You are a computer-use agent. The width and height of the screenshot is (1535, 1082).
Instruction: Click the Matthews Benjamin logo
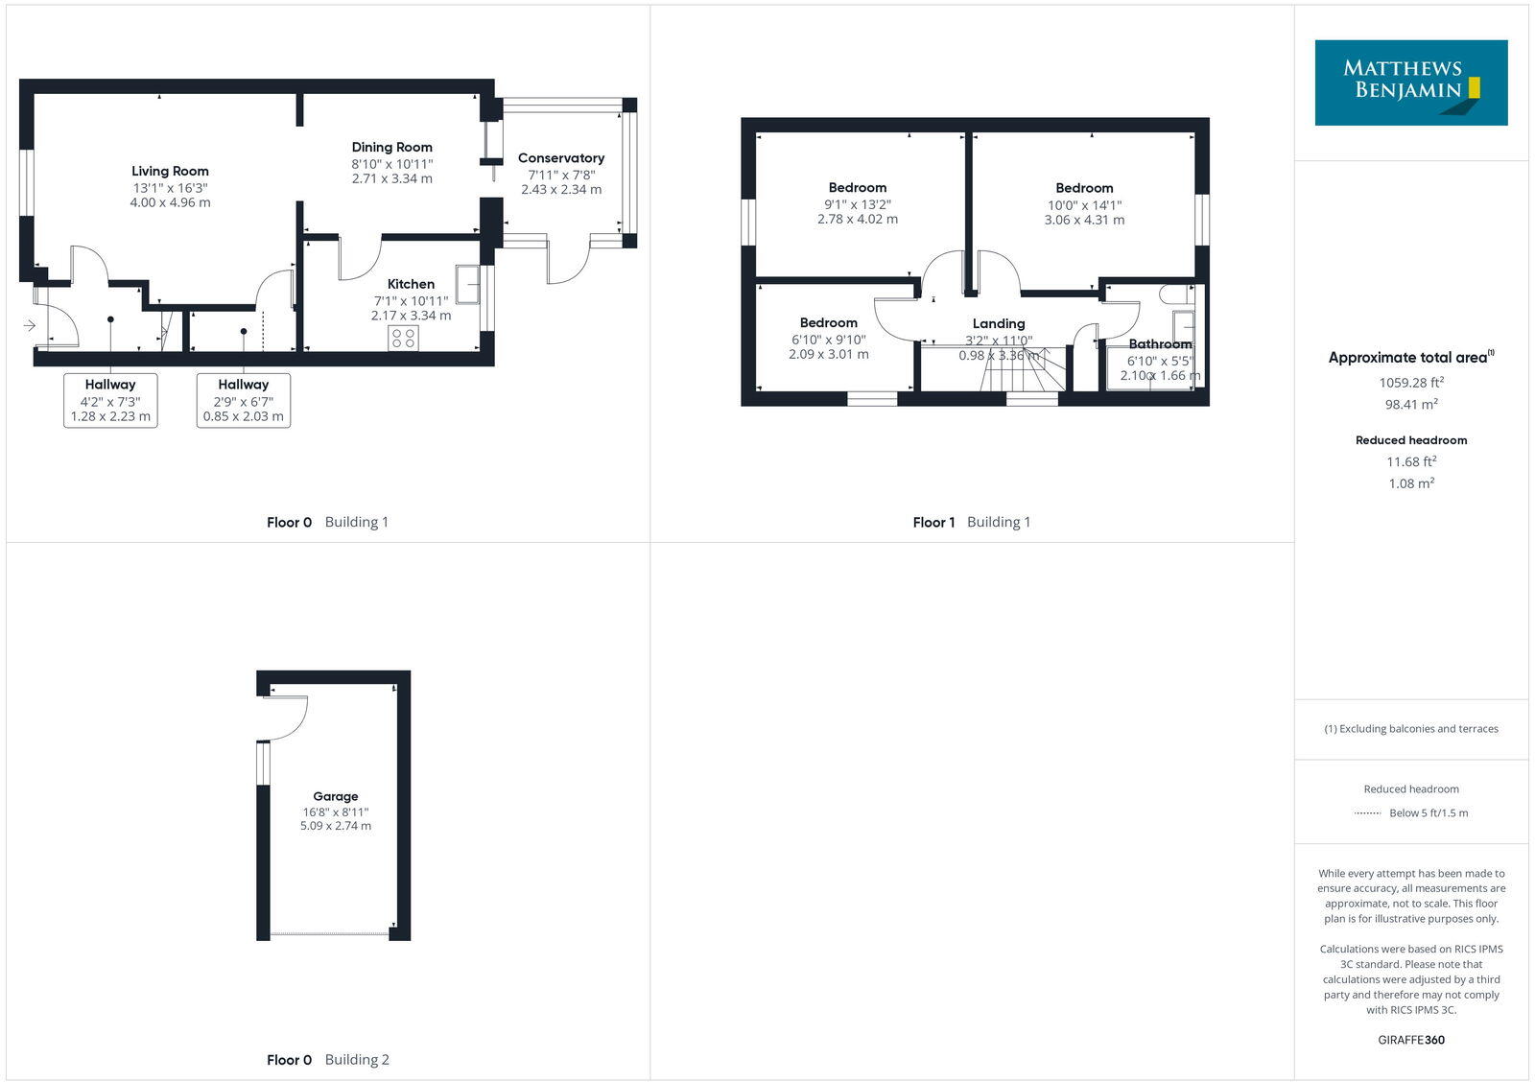pyautogui.click(x=1410, y=82)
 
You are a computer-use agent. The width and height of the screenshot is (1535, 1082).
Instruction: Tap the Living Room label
pyautogui.click(x=170, y=171)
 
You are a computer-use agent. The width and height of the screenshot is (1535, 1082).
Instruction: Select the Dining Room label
pyautogui.click(x=391, y=147)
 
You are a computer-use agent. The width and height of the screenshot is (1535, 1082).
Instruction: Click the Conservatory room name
pyautogui.click(x=561, y=158)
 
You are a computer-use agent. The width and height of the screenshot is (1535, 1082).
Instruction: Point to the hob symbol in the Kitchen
pyautogui.click(x=404, y=338)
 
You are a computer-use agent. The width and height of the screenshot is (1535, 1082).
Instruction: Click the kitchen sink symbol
pyautogui.click(x=468, y=283)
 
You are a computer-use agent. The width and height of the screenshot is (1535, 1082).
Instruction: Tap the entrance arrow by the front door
pyautogui.click(x=30, y=326)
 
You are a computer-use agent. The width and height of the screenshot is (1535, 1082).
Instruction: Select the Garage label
pyautogui.click(x=336, y=796)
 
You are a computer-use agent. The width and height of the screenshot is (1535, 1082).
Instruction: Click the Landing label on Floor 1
pyautogui.click(x=999, y=323)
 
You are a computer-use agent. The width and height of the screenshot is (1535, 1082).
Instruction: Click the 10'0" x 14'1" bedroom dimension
pyautogui.click(x=1084, y=204)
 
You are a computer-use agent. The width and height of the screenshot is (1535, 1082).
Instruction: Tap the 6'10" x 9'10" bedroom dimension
pyautogui.click(x=829, y=340)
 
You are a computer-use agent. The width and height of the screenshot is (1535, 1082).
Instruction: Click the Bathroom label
pyautogui.click(x=1160, y=343)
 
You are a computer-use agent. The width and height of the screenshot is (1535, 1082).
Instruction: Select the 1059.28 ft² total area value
pyautogui.click(x=1411, y=382)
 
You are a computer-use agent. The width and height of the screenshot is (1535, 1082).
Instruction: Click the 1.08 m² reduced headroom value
pyautogui.click(x=1411, y=483)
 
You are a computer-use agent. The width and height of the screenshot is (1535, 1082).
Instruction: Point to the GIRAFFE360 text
pyautogui.click(x=1411, y=1040)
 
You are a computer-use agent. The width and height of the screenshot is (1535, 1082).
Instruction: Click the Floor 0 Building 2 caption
pyautogui.click(x=328, y=1060)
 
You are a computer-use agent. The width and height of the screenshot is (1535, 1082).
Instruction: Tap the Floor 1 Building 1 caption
pyautogui.click(x=971, y=523)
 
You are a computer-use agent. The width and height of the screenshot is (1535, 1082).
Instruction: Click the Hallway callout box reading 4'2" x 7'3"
pyautogui.click(x=110, y=400)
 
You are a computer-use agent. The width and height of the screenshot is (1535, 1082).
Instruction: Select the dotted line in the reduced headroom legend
pyautogui.click(x=1367, y=813)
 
